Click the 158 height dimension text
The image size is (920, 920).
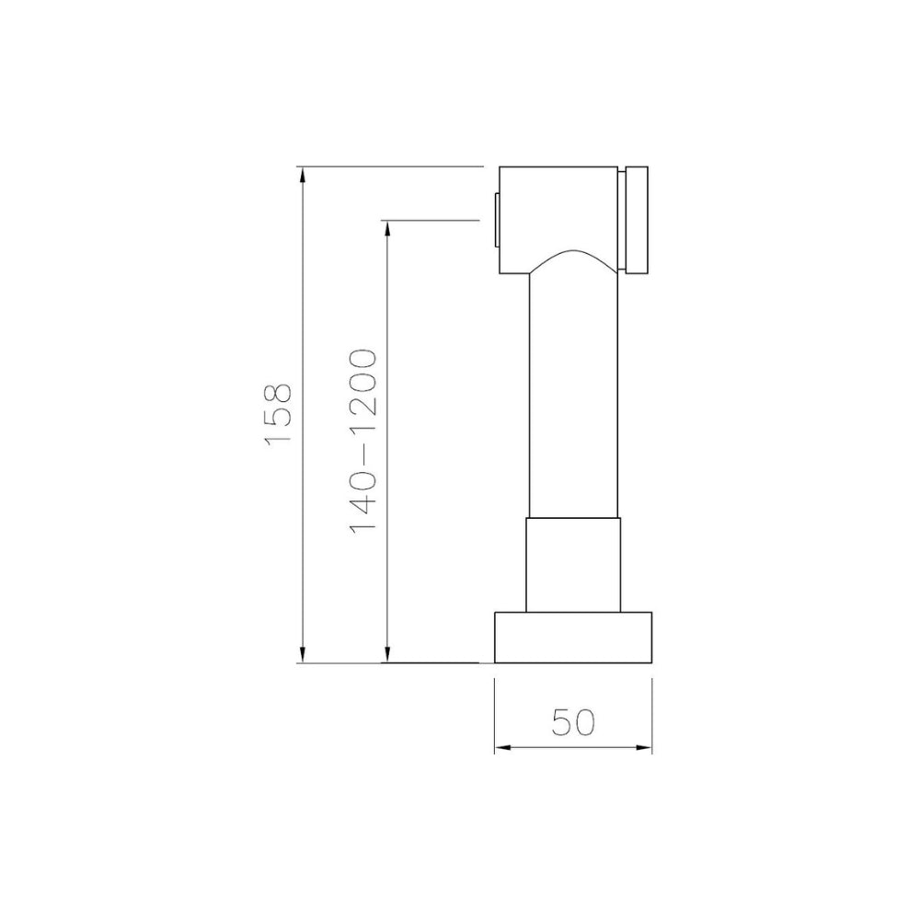click(x=278, y=416)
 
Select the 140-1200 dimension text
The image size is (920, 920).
click(x=362, y=442)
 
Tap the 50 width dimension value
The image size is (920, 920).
click(x=573, y=722)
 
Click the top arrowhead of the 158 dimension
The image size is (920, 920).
click(x=302, y=176)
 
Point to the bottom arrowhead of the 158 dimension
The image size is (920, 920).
click(x=302, y=654)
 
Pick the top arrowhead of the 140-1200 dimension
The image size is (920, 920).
click(x=386, y=229)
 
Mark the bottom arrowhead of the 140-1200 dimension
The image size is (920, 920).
click(x=386, y=654)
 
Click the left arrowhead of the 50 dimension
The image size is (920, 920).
click(x=503, y=747)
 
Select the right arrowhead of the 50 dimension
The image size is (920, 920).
click(x=643, y=747)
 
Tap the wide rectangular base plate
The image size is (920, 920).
click(x=573, y=638)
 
